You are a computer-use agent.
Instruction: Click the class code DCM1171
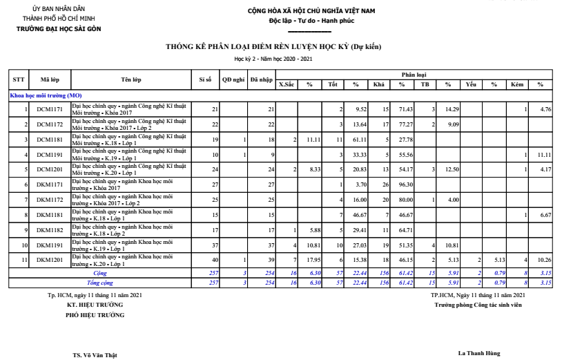[x=49, y=109]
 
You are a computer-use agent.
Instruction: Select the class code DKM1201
[x=49, y=260]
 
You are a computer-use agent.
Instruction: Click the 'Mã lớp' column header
[x=49, y=79]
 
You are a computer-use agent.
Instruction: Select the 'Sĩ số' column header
[x=205, y=79]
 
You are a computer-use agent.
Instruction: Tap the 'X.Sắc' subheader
[x=286, y=84]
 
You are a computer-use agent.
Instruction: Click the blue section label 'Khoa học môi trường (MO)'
[x=45, y=95]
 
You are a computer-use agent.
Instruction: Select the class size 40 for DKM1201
[x=214, y=260]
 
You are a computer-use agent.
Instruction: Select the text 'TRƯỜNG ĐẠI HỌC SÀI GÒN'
[x=59, y=28]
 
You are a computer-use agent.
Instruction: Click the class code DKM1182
[x=49, y=230]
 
